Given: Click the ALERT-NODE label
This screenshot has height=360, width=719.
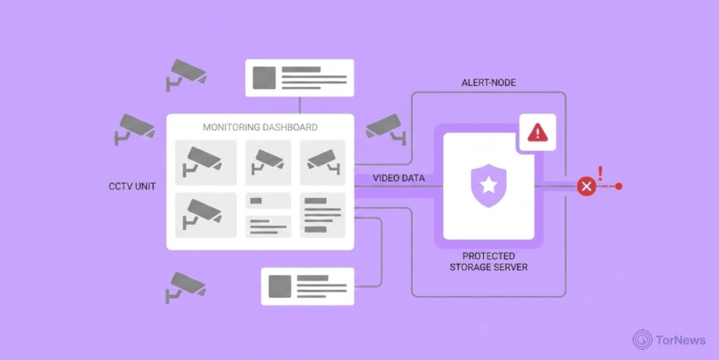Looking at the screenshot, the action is point(489,83).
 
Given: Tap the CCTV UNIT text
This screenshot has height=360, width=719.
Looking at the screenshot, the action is point(132,187).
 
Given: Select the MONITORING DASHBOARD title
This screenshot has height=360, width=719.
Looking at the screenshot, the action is point(260,127).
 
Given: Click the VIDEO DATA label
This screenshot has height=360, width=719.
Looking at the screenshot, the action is point(399,178).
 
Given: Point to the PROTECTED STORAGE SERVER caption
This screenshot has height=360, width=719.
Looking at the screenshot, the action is point(489,262).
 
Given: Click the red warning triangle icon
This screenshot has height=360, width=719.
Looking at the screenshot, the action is point(537,133).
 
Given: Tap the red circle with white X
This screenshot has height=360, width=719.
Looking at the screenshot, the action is point(586,187).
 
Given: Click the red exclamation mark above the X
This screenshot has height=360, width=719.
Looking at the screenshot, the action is point(600,174).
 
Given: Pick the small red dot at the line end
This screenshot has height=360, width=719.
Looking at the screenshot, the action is point(619,187).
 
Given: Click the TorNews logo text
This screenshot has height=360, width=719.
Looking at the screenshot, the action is point(680,340).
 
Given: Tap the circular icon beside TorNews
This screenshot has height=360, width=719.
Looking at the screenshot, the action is point(642,340).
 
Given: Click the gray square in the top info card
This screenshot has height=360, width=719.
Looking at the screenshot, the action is point(264,78).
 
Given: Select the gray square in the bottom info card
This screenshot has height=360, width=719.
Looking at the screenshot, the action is point(279,287).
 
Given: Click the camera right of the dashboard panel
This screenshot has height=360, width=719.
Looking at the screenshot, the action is point(385,128).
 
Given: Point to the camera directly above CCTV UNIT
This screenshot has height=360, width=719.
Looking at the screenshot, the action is point(134,128).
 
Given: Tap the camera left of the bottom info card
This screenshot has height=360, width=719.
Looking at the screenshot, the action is point(185,287).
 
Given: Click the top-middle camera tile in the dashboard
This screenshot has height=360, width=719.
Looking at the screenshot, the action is point(268,163).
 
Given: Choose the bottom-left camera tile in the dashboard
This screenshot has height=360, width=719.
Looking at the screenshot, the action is point(206,215).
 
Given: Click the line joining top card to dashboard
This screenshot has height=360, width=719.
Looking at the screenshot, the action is point(300,105).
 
